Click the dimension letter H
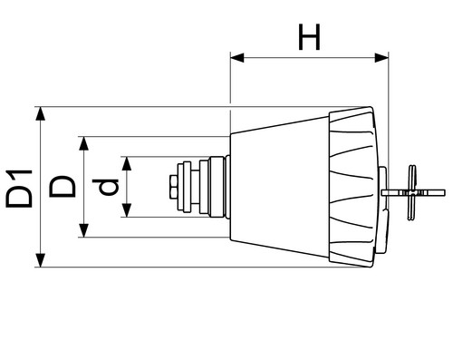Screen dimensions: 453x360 click(309, 37)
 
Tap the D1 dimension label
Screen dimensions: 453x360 click(19, 189)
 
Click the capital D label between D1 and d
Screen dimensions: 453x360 click(63, 187)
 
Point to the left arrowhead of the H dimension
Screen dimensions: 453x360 click(237, 57)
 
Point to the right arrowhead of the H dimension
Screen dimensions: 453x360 click(381, 57)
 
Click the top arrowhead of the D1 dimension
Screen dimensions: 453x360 click(40, 113)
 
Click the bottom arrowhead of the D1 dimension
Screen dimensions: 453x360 click(40, 260)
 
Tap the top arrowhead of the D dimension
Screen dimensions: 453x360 click(83, 143)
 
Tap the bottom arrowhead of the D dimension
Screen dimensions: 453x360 click(83, 230)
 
